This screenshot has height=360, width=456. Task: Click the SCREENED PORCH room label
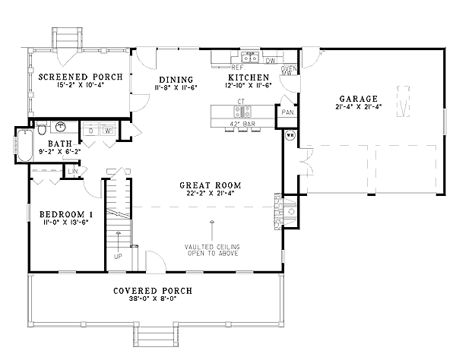tap(75, 77)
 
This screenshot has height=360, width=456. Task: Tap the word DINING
tap(176, 80)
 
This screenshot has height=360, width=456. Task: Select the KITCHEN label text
tap(249, 78)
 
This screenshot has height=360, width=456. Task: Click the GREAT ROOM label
tap(211, 185)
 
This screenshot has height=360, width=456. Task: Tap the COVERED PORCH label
tap(152, 291)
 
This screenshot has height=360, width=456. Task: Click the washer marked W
tap(108, 131)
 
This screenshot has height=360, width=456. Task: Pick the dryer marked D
tap(91, 131)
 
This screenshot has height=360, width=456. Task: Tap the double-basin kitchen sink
tap(249, 56)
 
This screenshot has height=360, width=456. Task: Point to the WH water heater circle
tap(290, 137)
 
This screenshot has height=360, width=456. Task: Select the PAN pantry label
tap(287, 112)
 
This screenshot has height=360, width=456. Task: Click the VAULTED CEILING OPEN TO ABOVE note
tap(211, 250)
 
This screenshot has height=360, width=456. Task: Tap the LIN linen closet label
tap(73, 172)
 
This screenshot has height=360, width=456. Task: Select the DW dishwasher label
tap(271, 58)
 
